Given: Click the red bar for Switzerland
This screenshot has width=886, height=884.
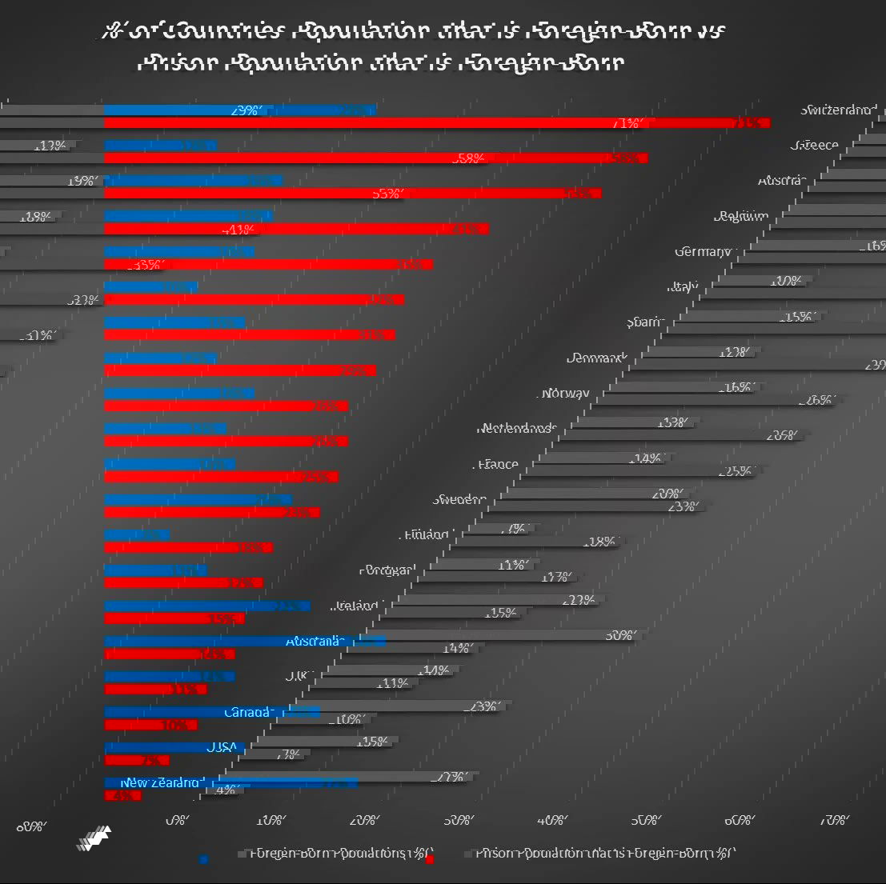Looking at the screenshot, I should [x=436, y=123].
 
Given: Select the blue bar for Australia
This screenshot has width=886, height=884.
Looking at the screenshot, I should [x=244, y=641].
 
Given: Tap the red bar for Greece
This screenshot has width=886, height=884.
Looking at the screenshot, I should [x=376, y=158].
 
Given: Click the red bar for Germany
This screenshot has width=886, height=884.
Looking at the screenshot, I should [x=268, y=264].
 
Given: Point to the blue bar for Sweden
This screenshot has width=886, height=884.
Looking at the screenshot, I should [x=198, y=499].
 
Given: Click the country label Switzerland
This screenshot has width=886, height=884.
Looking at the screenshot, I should [x=838, y=110].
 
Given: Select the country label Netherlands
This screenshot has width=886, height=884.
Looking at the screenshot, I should [x=516, y=428].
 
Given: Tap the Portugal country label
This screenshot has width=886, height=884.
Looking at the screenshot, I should [x=387, y=570].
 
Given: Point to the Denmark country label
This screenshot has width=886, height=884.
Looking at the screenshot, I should [x=595, y=358].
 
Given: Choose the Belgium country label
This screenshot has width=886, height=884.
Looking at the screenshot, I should [x=741, y=216].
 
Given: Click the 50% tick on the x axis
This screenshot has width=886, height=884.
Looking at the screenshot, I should [x=645, y=820].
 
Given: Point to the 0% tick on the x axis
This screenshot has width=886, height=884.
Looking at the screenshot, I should [x=177, y=820].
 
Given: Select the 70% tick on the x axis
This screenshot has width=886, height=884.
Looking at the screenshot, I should [x=833, y=820].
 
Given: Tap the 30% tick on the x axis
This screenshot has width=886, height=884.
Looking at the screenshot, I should [x=458, y=820].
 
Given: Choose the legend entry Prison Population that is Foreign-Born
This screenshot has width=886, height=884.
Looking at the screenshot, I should [x=604, y=853].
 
